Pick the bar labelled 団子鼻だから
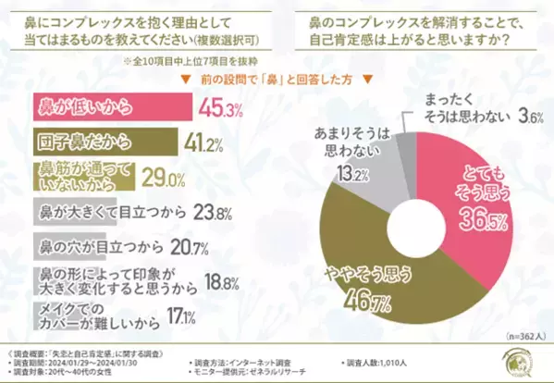[x=103, y=143]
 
